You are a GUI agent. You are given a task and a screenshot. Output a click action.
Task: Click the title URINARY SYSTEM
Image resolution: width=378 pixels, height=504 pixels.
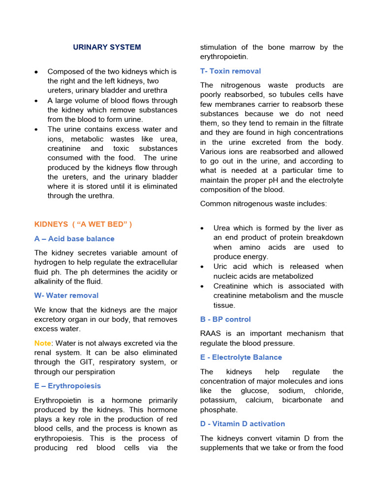click(x=107, y=47)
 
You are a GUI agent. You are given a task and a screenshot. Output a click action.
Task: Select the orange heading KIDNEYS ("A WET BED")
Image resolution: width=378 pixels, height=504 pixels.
click(x=83, y=224)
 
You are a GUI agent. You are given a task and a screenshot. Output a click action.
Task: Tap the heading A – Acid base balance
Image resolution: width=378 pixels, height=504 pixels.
click(x=74, y=239)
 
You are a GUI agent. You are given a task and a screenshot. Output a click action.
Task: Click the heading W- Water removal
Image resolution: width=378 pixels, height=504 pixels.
click(x=66, y=295)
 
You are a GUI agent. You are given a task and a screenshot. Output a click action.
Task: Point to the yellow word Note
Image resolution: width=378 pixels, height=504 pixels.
click(x=42, y=343)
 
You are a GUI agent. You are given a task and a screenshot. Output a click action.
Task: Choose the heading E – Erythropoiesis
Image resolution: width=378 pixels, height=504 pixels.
click(x=67, y=386)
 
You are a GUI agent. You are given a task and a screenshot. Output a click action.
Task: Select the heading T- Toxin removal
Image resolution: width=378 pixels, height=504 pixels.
click(x=230, y=71)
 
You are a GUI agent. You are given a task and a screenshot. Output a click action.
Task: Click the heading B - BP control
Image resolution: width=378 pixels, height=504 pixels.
click(x=225, y=319)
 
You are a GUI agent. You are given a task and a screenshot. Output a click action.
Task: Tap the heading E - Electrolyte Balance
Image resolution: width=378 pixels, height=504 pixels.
click(x=241, y=357)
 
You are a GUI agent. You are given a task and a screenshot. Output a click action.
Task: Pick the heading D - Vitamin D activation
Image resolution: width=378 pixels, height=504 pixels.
click(x=243, y=424)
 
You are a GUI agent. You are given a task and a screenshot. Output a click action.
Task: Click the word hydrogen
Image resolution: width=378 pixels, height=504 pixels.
click(x=50, y=263)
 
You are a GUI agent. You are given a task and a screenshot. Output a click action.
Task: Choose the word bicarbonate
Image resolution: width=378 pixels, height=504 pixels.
click(x=303, y=400)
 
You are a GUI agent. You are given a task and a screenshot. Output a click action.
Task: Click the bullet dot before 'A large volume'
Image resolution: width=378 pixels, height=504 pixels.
click(x=37, y=101)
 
